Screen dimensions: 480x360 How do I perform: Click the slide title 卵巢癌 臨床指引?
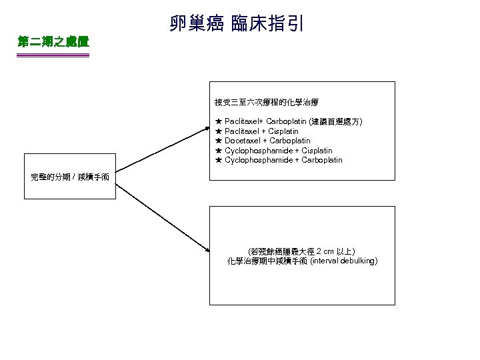(x=237, y=25)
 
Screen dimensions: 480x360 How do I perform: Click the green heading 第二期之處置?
(x=53, y=42)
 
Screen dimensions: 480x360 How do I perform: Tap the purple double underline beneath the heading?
(x=53, y=55)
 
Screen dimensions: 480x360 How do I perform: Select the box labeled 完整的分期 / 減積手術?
(x=70, y=177)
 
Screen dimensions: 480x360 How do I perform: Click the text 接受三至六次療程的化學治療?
(x=267, y=103)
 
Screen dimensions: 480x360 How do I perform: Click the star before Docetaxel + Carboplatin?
(x=218, y=141)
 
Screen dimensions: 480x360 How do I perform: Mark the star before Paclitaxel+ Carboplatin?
(x=218, y=122)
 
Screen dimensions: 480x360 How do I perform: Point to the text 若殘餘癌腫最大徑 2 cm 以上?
(x=301, y=251)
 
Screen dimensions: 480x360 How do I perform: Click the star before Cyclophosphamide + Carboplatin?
(x=218, y=160)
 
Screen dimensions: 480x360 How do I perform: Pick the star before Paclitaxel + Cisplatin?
(x=218, y=131)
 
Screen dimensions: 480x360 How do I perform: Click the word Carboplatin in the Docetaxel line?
(x=290, y=141)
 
